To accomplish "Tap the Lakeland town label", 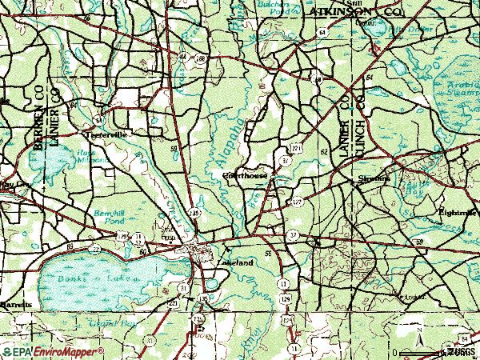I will (236, 262).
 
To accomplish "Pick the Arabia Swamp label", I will (460, 85).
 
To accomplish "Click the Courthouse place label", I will (244, 174).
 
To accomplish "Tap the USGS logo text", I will (462, 351).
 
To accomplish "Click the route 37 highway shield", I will (294, 234).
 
